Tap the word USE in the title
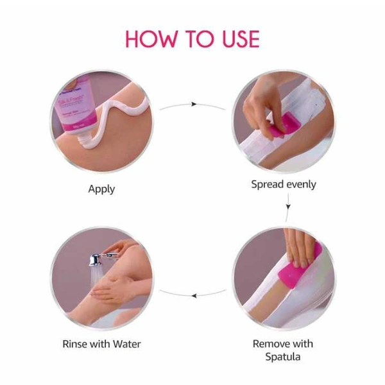235,38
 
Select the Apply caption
101,189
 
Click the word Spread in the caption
268,185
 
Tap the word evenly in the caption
301,185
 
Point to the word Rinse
76,344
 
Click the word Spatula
283,357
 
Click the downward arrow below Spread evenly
287,207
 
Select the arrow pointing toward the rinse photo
193,295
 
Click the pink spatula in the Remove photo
300,263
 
